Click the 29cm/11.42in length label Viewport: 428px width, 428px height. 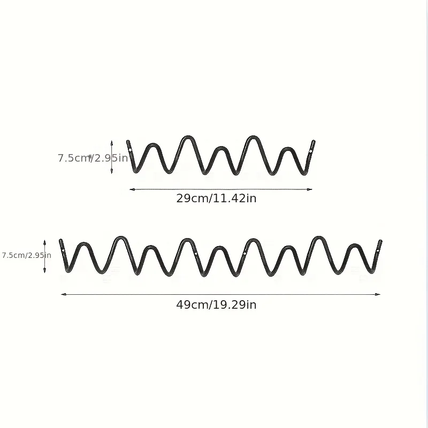[x=216, y=198]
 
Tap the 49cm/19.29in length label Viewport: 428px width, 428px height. [x=216, y=304]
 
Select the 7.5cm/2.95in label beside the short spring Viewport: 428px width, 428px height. [x=93, y=158]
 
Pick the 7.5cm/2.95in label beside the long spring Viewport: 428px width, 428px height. [x=26, y=255]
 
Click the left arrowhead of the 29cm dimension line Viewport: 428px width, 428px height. [x=132, y=189]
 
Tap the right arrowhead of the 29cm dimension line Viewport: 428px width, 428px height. [x=309, y=189]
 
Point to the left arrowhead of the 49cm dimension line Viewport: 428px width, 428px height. [x=64, y=294]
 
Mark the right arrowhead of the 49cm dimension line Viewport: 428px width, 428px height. [x=378, y=294]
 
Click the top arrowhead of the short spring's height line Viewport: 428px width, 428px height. [x=112, y=143]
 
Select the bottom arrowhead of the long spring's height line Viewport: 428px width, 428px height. [x=45, y=270]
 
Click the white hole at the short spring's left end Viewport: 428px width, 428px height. [x=130, y=150]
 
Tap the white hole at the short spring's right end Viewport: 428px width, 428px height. [x=311, y=151]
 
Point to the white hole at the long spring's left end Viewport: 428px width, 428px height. [x=63, y=250]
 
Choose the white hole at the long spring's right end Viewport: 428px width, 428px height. [x=378, y=250]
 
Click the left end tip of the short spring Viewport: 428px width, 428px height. [x=128, y=141]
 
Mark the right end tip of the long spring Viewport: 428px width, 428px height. [x=381, y=241]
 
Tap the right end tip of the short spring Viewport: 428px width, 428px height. [x=314, y=141]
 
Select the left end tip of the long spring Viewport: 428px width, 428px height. [x=60, y=240]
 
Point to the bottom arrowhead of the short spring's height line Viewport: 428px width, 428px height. [x=112, y=171]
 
